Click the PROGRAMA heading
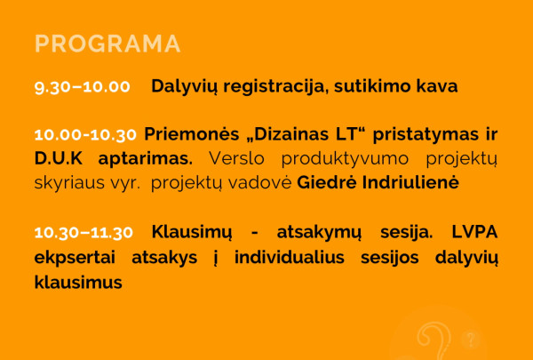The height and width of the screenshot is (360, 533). tap(107, 44)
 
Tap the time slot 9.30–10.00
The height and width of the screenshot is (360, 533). tap(82, 87)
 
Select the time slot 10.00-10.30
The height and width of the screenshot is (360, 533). tap(85, 135)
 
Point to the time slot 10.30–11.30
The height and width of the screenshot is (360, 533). tap(84, 232)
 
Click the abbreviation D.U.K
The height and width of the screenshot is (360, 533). tap(58, 159)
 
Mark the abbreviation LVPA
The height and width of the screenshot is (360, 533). tap(473, 232)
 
